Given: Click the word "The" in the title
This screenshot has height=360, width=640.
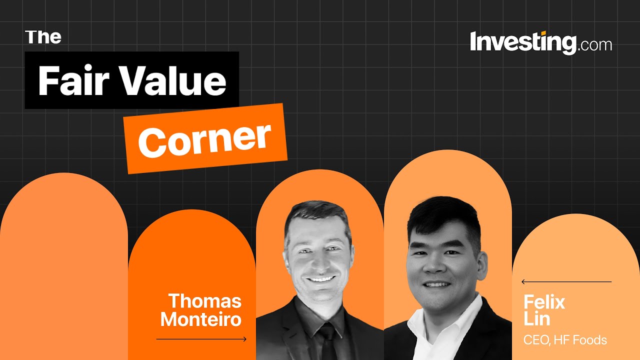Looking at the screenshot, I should pyautogui.click(x=43, y=37).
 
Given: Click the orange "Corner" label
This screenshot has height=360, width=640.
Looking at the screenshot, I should pyautogui.click(x=205, y=138).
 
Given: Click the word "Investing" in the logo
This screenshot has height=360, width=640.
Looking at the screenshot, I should pyautogui.click(x=523, y=43).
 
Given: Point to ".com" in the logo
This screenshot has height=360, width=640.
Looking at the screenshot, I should pyautogui.click(x=595, y=45).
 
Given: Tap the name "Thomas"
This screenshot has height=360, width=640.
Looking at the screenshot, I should pyautogui.click(x=205, y=301).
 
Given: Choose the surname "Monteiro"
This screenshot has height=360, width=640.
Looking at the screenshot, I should pyautogui.click(x=201, y=319).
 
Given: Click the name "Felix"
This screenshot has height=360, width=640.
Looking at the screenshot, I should pyautogui.click(x=544, y=302).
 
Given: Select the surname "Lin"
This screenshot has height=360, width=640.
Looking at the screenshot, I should pyautogui.click(x=536, y=319).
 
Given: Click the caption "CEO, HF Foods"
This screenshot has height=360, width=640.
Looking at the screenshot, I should pyautogui.click(x=565, y=340).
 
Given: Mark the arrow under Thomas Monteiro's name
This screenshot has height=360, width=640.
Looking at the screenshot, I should pyautogui.click(x=201, y=339).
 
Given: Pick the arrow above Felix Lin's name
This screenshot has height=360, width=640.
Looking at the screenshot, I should pyautogui.click(x=566, y=282).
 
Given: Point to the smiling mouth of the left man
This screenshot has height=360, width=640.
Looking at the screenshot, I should pyautogui.click(x=319, y=279).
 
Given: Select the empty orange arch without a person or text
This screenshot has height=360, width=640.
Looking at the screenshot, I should pyautogui.click(x=63, y=265).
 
